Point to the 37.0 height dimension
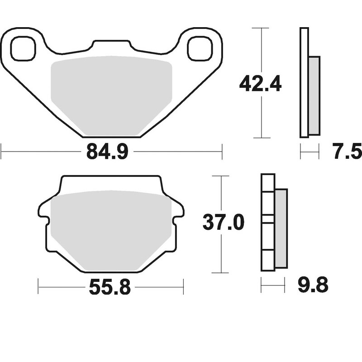223,223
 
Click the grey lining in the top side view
314,95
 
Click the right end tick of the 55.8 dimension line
183,286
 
